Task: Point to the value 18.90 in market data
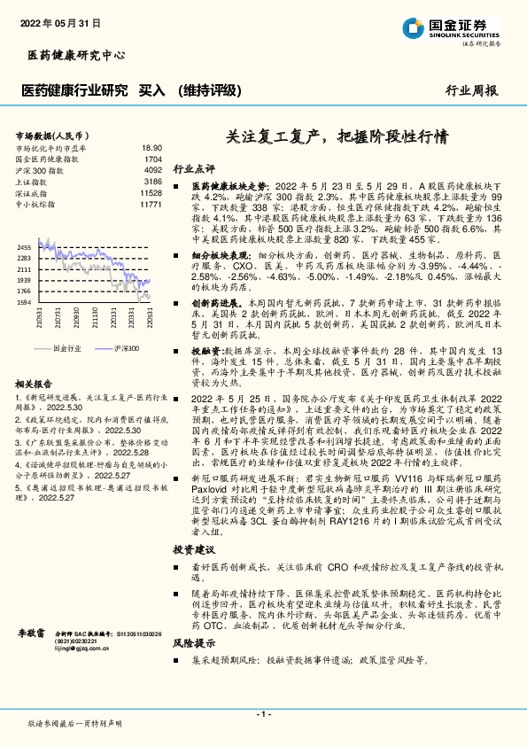coord(151,148)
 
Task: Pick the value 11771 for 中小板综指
coord(151,204)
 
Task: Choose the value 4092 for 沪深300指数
coord(152,170)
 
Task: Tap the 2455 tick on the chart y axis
coord(25,247)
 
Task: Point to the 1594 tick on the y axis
coord(25,301)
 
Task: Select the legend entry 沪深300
coord(126,349)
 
